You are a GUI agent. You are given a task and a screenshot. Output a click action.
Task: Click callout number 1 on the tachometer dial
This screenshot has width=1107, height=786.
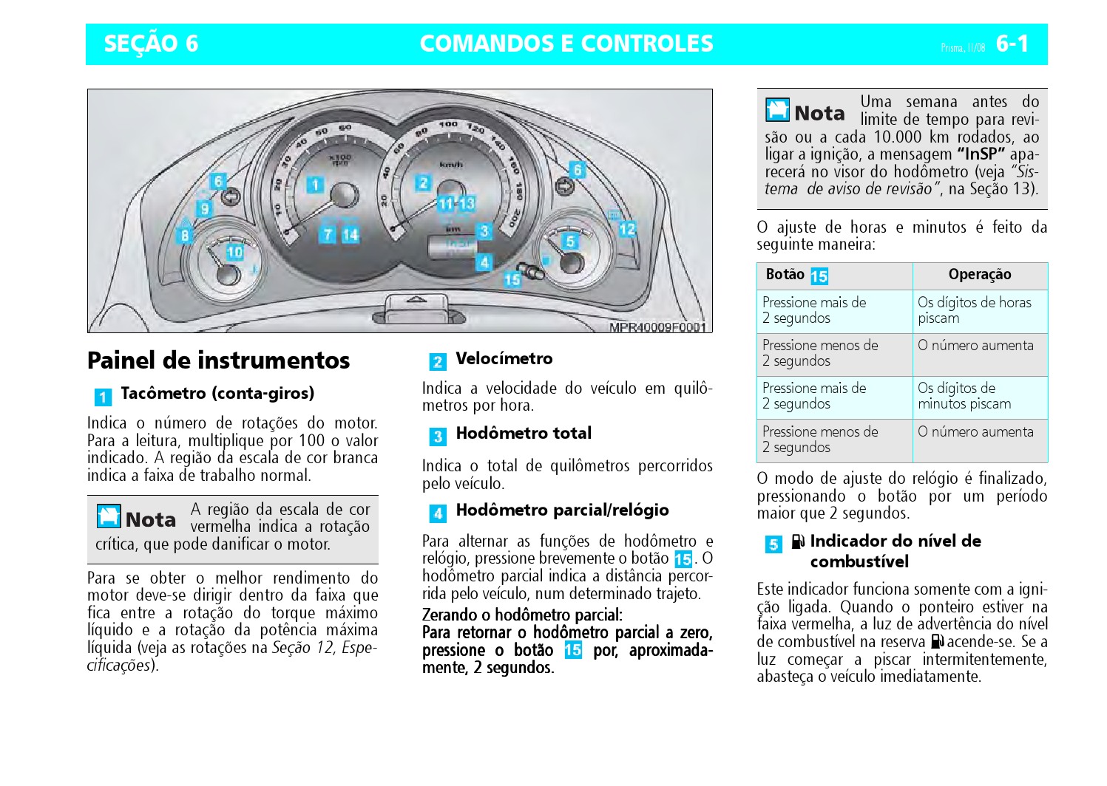(315, 185)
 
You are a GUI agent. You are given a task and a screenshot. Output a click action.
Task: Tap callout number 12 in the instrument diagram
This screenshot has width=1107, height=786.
(627, 230)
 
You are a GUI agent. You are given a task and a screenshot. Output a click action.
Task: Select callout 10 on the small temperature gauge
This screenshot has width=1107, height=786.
(234, 253)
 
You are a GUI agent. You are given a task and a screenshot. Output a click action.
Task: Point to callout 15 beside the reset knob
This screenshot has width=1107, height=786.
(512, 279)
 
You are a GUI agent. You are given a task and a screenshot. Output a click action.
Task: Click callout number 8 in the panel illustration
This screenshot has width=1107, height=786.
(184, 236)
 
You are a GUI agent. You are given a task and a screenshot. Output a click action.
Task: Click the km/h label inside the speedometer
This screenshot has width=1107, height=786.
(450, 164)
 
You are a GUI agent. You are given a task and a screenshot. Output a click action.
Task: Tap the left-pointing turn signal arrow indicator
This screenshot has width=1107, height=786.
(231, 196)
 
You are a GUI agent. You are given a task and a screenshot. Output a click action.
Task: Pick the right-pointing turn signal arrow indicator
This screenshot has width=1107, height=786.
(564, 185)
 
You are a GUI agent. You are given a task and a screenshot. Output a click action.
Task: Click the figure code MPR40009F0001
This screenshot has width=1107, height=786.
(657, 327)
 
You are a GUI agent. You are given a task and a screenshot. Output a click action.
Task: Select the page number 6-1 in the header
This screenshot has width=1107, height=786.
(1012, 44)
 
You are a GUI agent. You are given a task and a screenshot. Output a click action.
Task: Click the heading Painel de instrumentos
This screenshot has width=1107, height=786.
(218, 360)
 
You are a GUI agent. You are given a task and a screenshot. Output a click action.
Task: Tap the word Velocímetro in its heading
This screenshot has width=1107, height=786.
(504, 359)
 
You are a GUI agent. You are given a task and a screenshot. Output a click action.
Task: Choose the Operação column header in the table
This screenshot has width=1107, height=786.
(979, 275)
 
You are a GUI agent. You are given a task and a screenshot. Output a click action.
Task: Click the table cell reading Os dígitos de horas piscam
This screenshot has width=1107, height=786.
(974, 310)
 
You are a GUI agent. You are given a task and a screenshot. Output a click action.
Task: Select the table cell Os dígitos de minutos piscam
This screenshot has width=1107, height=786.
(964, 396)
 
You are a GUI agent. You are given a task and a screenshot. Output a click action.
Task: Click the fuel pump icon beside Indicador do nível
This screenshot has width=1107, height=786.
(797, 542)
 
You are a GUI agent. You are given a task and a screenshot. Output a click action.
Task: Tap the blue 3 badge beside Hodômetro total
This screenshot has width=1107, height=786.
(438, 437)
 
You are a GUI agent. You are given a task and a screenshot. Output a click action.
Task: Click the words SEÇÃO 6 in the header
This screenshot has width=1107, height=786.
(151, 44)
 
